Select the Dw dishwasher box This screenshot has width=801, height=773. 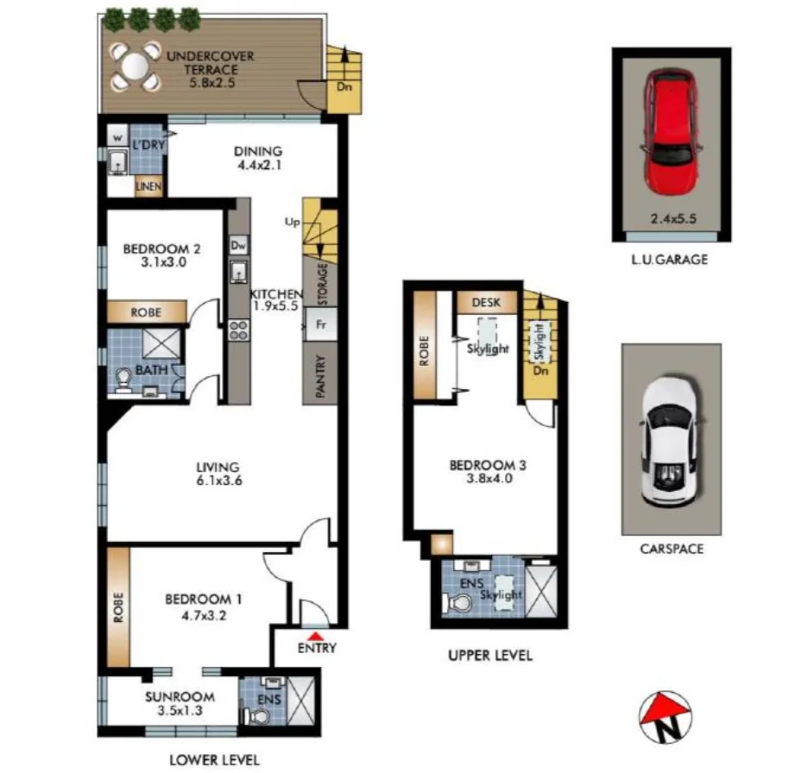238,246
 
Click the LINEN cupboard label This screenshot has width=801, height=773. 148,186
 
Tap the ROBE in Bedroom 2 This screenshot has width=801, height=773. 146,312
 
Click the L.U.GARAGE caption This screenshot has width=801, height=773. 671,259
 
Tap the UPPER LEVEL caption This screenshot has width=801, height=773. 489,656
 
